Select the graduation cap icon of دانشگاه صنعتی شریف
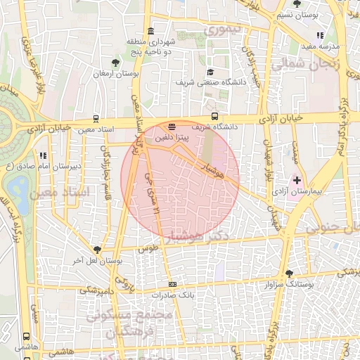[210, 72]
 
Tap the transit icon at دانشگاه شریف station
[214, 117]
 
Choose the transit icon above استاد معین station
[96, 120]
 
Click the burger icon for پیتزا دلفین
[172, 127]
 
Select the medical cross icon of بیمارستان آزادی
[296, 181]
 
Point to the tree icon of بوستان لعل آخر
[97, 250]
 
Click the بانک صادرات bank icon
[173, 284]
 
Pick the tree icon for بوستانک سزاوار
[289, 274]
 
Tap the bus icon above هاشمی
[27, 337]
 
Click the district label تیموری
[221, 32]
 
